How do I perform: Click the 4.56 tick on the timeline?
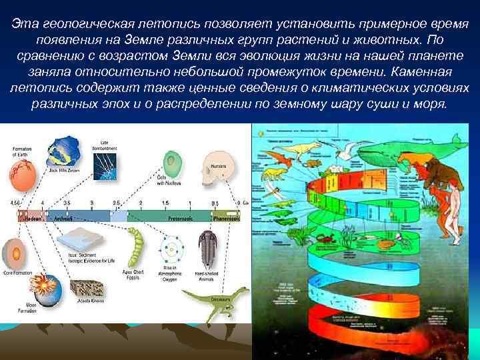tap(15, 202)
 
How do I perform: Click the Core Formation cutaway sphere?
tap(15, 253)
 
